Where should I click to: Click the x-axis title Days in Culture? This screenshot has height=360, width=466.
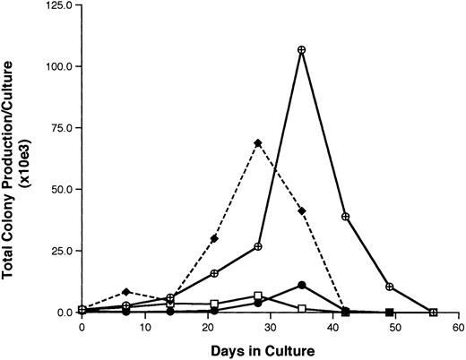point(270,349)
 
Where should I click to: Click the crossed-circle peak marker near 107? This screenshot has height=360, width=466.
point(302,49)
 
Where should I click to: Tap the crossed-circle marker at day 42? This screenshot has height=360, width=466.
point(346,217)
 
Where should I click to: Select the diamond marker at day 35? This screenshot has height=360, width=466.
point(302,211)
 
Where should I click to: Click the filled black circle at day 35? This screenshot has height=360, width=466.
point(302,285)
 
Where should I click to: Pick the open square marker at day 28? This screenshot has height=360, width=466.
point(258,296)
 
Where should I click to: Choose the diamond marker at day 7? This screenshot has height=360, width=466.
point(126,292)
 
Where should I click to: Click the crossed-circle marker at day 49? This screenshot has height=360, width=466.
point(390,287)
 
